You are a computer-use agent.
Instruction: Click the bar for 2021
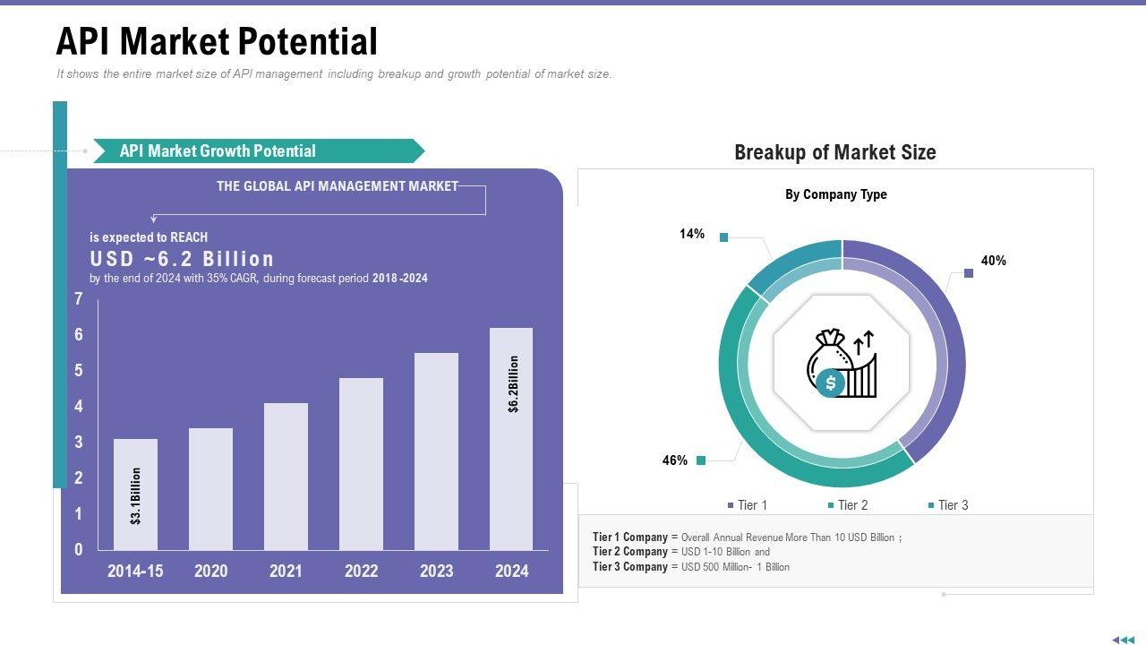coord(286,476)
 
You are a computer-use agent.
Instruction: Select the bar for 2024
coord(511,438)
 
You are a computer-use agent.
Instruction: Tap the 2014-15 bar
coord(135,494)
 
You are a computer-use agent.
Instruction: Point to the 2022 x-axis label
coord(361,571)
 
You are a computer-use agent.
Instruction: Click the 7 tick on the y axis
coord(79,299)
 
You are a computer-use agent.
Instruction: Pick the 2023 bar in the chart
coord(436,451)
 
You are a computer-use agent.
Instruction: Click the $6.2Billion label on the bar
coord(513,384)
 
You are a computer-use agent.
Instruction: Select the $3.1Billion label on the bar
coord(136,495)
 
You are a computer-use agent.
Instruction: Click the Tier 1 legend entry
coord(747,505)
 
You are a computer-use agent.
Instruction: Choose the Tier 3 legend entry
coord(947,505)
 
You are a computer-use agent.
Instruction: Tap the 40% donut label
coord(993,261)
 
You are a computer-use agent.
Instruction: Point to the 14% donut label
coord(692,234)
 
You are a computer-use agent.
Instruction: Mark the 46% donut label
coord(675,460)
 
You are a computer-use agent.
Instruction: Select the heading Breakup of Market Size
coord(834,152)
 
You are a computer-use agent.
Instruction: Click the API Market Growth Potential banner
coord(218,151)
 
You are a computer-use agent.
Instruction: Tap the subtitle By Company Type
coord(835,194)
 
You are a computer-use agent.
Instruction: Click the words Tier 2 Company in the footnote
coord(629,552)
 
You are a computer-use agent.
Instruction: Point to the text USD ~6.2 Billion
coord(182,259)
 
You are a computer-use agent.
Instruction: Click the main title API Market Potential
coord(217,41)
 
